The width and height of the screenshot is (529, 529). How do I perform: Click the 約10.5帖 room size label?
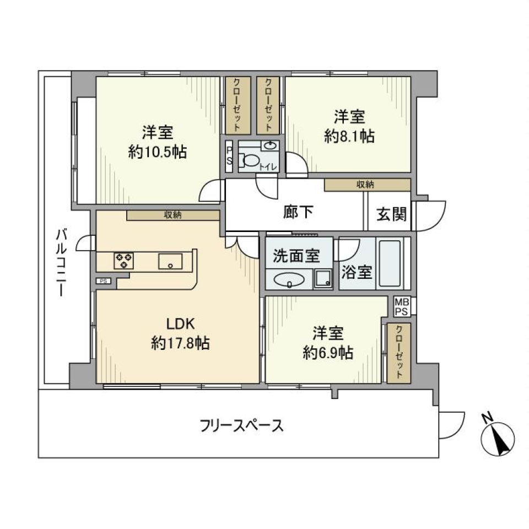click(x=158, y=152)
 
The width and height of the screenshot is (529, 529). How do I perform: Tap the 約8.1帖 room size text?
click(x=349, y=136)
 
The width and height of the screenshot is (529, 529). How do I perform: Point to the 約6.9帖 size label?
click(x=328, y=352)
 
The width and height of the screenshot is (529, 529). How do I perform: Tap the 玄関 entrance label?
click(x=391, y=214)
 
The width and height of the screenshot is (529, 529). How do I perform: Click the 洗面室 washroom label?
click(x=296, y=256)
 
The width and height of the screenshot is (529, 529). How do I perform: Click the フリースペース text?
click(x=242, y=425)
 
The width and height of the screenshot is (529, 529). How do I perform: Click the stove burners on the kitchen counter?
click(x=123, y=260)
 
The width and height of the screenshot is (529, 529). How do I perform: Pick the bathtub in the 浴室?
click(x=391, y=263)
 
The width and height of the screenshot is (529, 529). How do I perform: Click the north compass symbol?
click(x=499, y=438)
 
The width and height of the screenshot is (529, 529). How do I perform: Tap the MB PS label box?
click(x=401, y=306)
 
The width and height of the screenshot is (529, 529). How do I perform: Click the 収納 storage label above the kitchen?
click(x=173, y=215)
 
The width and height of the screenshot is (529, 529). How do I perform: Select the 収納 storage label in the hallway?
click(x=366, y=185)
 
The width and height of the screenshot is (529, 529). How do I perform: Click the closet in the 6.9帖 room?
click(x=395, y=353)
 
